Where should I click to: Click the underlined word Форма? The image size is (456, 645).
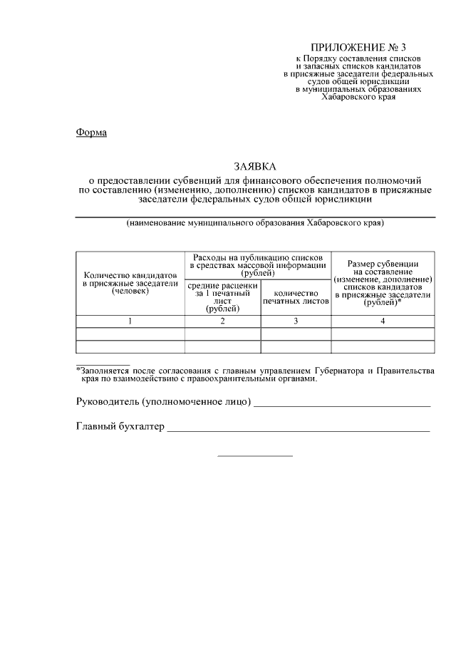point(90,133)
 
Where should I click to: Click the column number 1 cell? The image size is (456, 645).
point(130,321)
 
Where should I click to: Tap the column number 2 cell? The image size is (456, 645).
point(223,321)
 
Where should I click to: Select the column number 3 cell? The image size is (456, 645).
point(295,321)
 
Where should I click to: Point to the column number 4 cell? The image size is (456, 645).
point(383,321)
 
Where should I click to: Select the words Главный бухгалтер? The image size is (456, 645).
point(120,427)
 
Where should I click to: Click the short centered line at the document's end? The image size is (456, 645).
point(254,456)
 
